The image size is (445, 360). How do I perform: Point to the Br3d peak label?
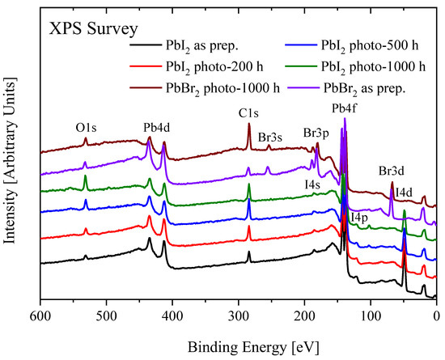393,172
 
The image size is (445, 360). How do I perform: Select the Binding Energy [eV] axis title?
238,345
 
